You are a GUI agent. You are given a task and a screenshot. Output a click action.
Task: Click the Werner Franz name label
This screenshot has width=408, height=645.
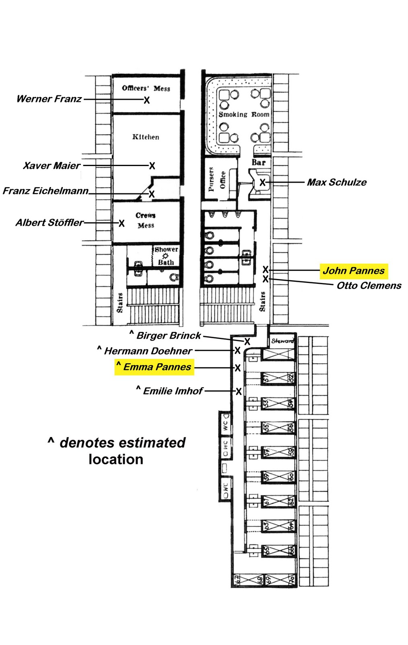(x=49, y=99)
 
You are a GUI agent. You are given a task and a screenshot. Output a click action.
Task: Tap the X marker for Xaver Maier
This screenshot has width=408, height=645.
(x=152, y=166)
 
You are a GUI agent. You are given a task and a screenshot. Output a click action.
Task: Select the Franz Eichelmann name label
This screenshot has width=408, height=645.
(x=45, y=191)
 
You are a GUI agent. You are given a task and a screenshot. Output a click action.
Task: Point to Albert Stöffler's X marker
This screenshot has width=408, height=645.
(x=122, y=223)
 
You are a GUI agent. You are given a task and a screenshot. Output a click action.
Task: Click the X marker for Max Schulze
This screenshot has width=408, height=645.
(x=262, y=182)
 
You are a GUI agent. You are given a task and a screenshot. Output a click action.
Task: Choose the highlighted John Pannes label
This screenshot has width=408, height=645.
(x=354, y=270)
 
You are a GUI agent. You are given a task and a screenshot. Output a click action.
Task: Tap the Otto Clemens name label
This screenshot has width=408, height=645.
(x=369, y=285)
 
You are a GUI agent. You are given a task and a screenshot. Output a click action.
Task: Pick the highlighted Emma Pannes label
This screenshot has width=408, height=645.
(x=155, y=367)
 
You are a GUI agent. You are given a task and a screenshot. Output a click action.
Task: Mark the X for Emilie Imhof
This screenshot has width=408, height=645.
(x=239, y=391)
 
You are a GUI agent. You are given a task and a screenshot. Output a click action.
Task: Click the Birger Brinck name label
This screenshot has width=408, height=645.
(x=168, y=335)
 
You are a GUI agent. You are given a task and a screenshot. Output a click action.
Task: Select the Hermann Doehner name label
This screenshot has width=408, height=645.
(x=148, y=351)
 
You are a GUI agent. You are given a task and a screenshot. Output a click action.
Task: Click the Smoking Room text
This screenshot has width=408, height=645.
(x=244, y=114)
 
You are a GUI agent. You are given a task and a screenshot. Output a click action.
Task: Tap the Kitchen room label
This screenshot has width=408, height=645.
(x=146, y=137)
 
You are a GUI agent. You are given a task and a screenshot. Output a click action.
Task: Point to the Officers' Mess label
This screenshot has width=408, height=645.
(x=146, y=88)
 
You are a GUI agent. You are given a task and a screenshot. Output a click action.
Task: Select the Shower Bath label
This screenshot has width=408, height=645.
(x=166, y=256)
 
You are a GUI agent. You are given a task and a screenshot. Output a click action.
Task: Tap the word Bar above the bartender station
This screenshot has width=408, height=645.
(x=259, y=162)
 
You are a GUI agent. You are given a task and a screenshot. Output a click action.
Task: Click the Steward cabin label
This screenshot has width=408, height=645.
(x=282, y=341)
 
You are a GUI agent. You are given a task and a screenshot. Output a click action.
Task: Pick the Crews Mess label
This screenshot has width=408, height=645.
(x=146, y=220)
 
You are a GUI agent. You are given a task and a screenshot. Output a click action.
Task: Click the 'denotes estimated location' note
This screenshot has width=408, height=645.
(x=117, y=451)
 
